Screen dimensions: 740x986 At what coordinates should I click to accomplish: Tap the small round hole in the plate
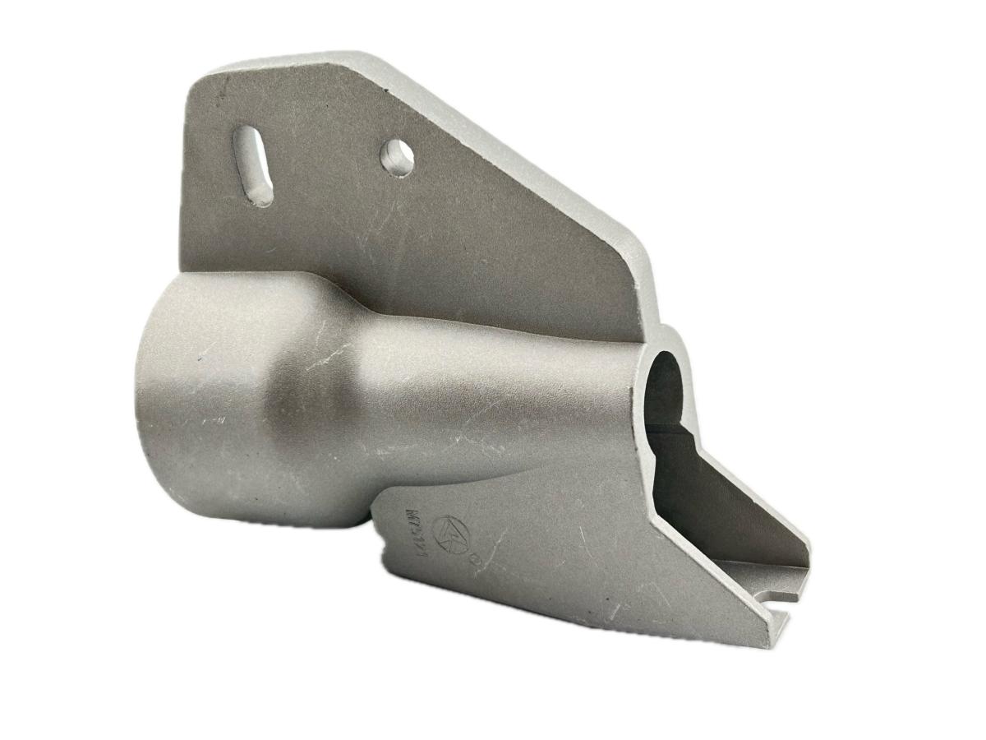(x=397, y=156)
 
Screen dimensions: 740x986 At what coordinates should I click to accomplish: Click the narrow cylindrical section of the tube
(x=493, y=386)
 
